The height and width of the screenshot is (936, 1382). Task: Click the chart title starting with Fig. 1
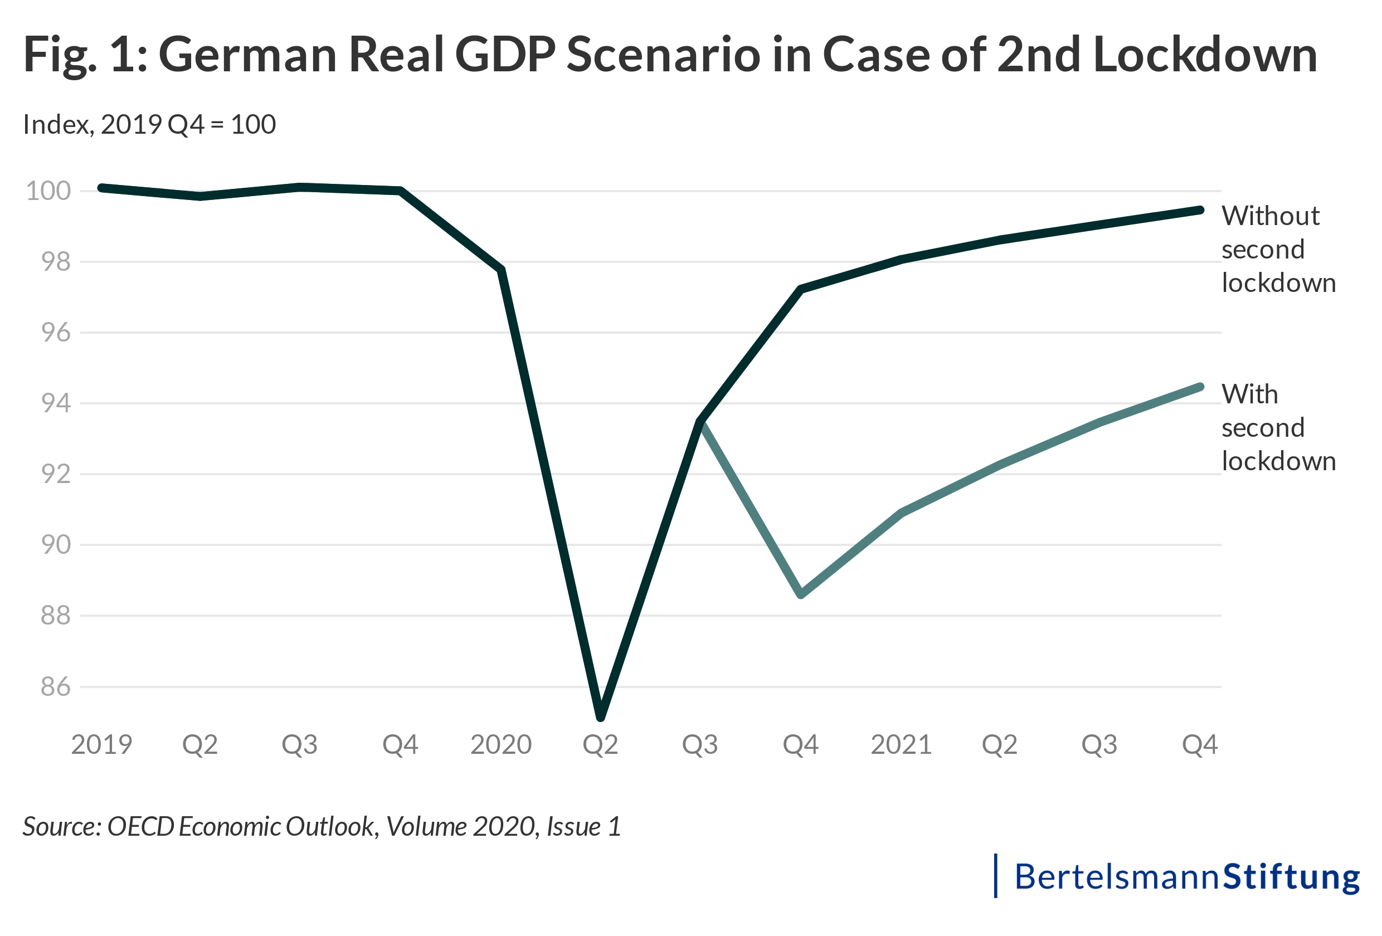coord(670,55)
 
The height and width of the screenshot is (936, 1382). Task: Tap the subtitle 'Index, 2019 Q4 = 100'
coord(149,124)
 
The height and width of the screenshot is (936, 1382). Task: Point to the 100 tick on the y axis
coord(48,191)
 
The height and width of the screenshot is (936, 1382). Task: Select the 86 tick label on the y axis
coord(55,687)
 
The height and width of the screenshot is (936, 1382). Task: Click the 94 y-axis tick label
coord(55,403)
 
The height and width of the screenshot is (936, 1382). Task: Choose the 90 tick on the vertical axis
coord(55,545)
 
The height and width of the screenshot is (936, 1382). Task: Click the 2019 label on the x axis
coord(101,744)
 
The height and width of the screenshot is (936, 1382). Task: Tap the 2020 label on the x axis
coord(501,744)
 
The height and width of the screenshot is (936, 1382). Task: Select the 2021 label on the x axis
coord(901,744)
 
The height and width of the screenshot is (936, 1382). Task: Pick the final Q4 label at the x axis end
coord(1200,744)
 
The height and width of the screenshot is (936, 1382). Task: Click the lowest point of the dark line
coord(601,717)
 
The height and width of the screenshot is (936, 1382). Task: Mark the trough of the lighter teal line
coord(801,594)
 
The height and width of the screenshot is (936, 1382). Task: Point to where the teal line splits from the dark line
coord(700,422)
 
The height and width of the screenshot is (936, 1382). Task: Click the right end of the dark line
coord(1200,210)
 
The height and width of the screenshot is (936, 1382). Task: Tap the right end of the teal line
coord(1200,387)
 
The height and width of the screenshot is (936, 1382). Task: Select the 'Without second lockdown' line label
coord(1278,249)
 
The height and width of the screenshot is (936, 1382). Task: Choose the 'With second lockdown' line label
coord(1278,427)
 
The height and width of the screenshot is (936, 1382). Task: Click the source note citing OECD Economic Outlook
coord(322,827)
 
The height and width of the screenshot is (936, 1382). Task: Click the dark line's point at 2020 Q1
coord(502,270)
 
